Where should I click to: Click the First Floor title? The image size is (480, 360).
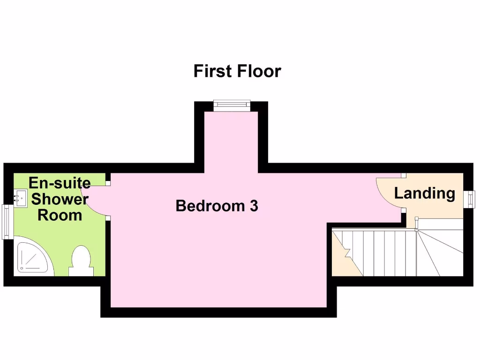[x=237, y=71]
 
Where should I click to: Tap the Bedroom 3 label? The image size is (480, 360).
[x=217, y=206]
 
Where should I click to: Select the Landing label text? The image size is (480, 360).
[x=424, y=193]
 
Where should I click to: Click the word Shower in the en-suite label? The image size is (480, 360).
[x=60, y=199]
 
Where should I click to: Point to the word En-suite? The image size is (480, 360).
[x=60, y=183]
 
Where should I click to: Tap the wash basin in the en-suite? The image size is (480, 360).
[x=20, y=198]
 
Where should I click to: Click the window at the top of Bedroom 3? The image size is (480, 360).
[x=232, y=105]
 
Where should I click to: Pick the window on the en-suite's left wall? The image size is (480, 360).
[x=7, y=222]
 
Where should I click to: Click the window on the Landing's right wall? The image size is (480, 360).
[x=469, y=198]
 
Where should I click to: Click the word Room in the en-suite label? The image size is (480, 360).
[x=60, y=216]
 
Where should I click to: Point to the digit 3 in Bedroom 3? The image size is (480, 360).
[x=254, y=206]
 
